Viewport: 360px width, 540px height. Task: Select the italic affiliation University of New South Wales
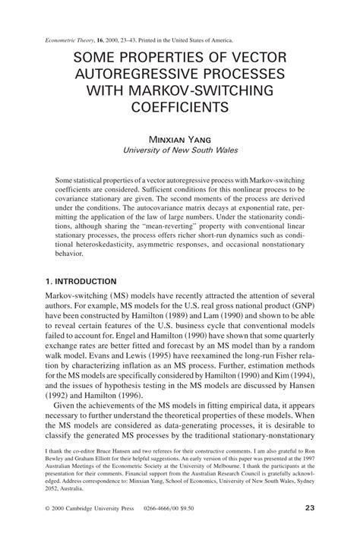(180, 150)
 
